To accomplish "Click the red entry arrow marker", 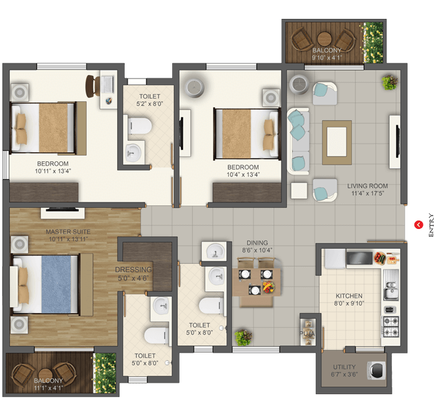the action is click(419, 225).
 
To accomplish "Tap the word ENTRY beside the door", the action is click(431, 225).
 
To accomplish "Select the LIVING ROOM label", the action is click(367, 186).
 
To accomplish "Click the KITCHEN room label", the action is click(349, 296).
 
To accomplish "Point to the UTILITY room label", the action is click(344, 367).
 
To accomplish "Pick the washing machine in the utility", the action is click(376, 370).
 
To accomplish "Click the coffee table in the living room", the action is click(337, 142).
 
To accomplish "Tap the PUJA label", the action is click(307, 333).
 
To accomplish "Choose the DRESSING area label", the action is click(133, 270).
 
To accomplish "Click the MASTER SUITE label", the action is click(68, 231).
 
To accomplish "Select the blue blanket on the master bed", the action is click(57, 284).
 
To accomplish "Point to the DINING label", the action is click(257, 242).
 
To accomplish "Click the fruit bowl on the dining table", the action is click(268, 287).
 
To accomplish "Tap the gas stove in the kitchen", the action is click(391, 326).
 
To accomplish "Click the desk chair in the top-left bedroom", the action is click(92, 86).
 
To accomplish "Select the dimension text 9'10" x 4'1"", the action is click(327, 58).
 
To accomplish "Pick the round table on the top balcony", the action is click(324, 39).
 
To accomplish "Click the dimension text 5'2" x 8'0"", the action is click(150, 104).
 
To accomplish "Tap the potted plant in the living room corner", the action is click(390, 82).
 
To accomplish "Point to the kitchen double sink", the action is click(391, 288).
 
